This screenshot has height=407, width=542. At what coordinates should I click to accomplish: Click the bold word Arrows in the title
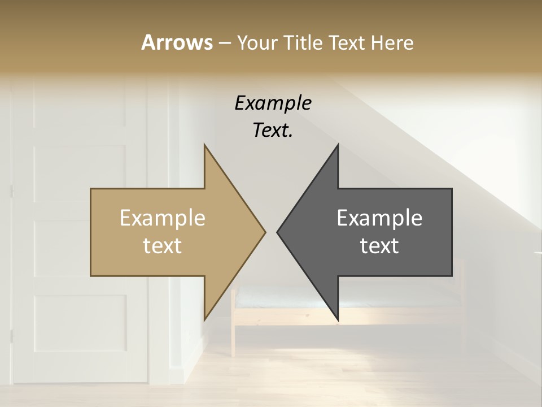(x=177, y=42)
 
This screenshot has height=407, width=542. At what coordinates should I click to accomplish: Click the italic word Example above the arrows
(x=273, y=103)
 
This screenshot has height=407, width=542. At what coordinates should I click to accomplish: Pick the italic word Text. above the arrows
(x=273, y=131)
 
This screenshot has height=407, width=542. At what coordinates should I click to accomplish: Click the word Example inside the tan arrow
(x=162, y=218)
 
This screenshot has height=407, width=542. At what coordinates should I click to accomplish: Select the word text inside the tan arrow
(x=162, y=246)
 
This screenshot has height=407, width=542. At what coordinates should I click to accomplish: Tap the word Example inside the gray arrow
(x=379, y=218)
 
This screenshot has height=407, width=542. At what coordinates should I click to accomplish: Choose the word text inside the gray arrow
(x=379, y=246)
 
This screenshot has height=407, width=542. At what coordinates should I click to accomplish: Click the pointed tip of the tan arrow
(x=264, y=232)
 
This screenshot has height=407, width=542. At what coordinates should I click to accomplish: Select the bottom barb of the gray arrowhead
(x=337, y=318)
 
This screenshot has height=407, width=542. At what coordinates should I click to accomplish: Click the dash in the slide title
(x=224, y=43)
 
